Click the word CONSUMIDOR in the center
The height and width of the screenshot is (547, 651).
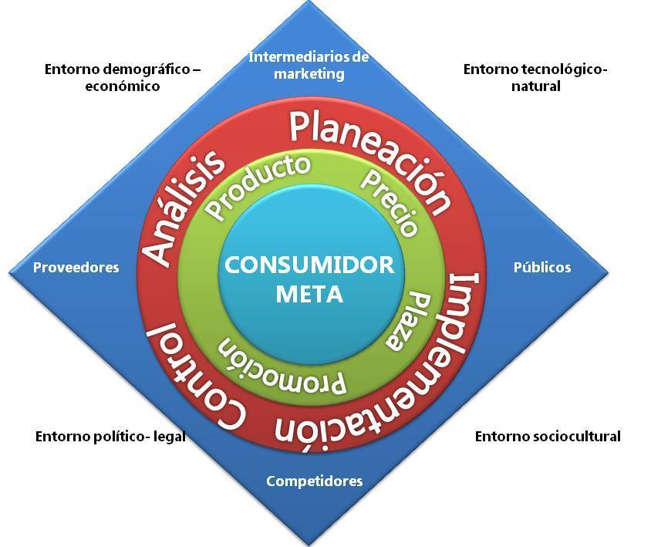click(x=309, y=265)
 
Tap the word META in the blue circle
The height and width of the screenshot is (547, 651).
click(x=309, y=294)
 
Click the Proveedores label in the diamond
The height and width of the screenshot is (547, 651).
click(x=76, y=268)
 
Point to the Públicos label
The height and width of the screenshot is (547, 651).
click(x=542, y=268)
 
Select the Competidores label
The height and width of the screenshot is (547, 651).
click(x=314, y=481)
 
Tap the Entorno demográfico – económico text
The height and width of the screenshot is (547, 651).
click(x=123, y=77)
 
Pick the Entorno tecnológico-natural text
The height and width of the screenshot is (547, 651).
click(x=535, y=77)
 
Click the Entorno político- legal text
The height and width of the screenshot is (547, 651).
click(x=110, y=437)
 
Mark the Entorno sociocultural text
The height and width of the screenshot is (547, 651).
click(x=548, y=437)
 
